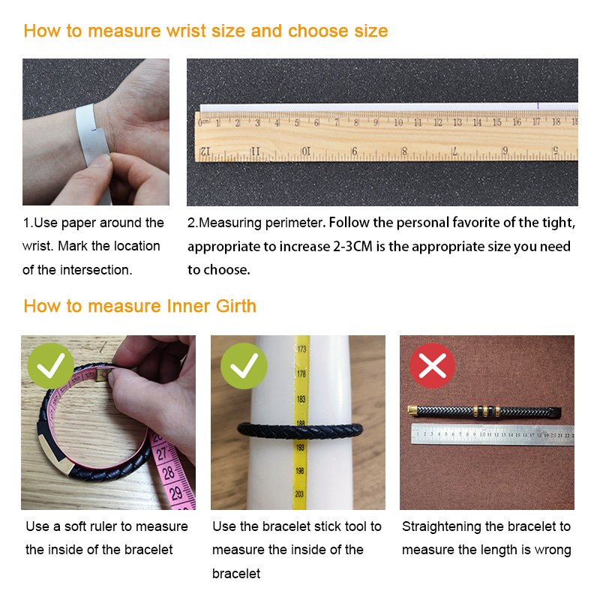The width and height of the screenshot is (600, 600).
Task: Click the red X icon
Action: click(x=433, y=365)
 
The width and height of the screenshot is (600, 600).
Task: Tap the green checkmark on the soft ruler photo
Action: click(x=50, y=365)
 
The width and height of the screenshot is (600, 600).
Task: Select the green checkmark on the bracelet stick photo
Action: click(x=244, y=365)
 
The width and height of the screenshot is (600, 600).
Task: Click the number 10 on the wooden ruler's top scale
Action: click(x=398, y=122)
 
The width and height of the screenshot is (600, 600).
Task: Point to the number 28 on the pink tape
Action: click(x=169, y=473)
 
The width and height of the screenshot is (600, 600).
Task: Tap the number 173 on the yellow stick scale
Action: click(x=301, y=349)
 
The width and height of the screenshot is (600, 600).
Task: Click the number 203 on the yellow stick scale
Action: click(x=299, y=494)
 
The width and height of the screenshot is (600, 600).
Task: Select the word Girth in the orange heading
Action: click(x=236, y=306)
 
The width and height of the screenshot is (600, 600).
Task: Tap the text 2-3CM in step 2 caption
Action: click(x=352, y=247)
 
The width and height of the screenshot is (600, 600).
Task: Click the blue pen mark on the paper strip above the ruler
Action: click(x=538, y=106)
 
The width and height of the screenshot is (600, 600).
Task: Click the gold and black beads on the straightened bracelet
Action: click(x=486, y=411)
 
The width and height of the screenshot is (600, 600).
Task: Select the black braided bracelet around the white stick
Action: click(x=300, y=430)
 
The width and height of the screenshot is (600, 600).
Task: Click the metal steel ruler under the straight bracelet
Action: click(x=493, y=435)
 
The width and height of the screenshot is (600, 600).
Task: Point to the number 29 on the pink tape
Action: click(x=176, y=493)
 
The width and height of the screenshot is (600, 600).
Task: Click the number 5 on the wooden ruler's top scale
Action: click(x=296, y=123)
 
